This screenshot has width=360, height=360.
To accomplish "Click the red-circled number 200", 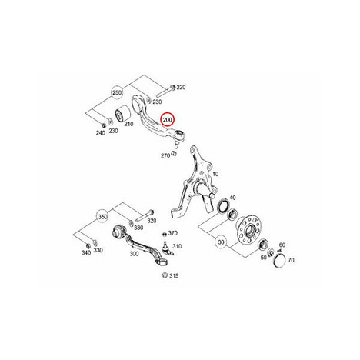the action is coord(167,120).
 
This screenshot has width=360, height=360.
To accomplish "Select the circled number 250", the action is coord(117,93).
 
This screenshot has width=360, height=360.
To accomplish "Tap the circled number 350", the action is coord(102,217).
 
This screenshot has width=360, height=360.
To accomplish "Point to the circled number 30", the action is coord(221,242).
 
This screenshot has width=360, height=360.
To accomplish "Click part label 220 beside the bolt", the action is coord(181,88).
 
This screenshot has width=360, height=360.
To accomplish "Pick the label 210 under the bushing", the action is coord(128,124).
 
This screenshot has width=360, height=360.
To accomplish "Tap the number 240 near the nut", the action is coord(101,133).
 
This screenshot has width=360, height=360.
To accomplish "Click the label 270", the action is coord(165,155).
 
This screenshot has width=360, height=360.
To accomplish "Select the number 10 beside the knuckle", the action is coord(215,174).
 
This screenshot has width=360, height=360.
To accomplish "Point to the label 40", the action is coord(232,198).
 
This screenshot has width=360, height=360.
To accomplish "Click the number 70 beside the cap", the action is coord(291,260).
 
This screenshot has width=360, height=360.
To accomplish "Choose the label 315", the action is coord(174,276).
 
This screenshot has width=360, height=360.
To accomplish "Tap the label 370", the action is coord(173,233).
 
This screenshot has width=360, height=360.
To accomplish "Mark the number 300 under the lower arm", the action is coord(134,254).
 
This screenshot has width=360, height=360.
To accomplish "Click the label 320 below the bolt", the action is coord(152,221).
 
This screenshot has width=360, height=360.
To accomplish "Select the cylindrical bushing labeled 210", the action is coord(122,114).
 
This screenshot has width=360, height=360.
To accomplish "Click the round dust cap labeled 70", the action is coord(279,260).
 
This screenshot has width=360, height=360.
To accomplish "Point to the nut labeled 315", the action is coord(165,275).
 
